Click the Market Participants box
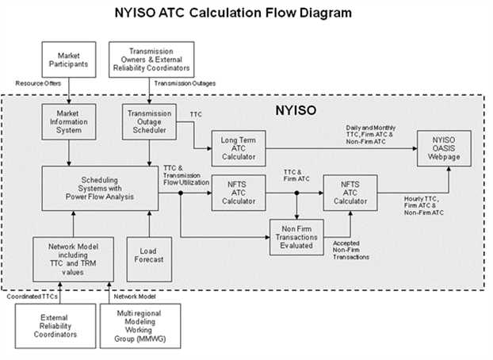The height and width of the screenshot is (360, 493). pyautogui.click(x=69, y=59)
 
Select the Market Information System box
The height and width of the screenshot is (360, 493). pyautogui.click(x=69, y=122)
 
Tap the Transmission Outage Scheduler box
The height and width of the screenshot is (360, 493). pyautogui.click(x=149, y=122)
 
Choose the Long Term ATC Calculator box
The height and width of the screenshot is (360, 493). pyautogui.click(x=239, y=148)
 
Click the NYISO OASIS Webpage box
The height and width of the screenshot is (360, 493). pyautogui.click(x=444, y=148)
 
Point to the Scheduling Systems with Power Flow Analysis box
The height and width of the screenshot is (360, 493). pyautogui.click(x=101, y=189)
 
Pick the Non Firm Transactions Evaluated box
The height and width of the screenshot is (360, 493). pyautogui.click(x=296, y=237)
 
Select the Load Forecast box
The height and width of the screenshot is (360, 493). pyautogui.click(x=149, y=259)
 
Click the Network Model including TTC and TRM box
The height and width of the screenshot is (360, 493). pyautogui.click(x=73, y=259)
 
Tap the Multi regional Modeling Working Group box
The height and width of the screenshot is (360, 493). pyautogui.click(x=140, y=326)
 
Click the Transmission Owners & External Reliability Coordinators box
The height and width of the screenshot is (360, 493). pyautogui.click(x=151, y=59)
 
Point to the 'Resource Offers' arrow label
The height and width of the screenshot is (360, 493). pyautogui.click(x=38, y=83)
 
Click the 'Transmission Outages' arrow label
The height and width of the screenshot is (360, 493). pyautogui.click(x=185, y=83)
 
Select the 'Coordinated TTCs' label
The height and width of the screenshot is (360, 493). pyautogui.click(x=32, y=297)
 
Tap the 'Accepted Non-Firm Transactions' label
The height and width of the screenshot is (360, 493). pyautogui.click(x=351, y=250)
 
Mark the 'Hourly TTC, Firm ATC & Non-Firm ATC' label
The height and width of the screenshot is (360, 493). pyautogui.click(x=424, y=206)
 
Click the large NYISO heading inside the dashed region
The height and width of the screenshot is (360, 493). pyautogui.click(x=296, y=110)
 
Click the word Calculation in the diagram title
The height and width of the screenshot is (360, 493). pyautogui.click(x=225, y=13)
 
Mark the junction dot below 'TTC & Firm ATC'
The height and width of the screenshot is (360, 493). pyautogui.click(x=296, y=193)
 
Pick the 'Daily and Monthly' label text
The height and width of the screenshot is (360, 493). pyautogui.click(x=371, y=128)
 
